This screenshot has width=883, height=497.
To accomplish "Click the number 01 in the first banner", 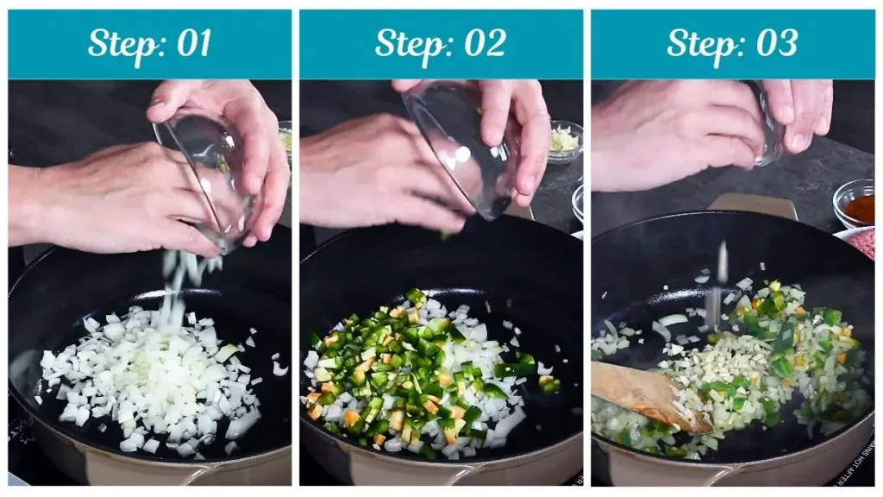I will click(189, 43).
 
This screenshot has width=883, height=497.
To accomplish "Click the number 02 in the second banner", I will click(483, 43).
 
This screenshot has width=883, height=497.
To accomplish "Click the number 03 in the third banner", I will click(774, 43).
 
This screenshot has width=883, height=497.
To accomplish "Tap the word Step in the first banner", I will click(122, 43).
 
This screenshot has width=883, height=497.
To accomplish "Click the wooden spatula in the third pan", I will click(647, 393).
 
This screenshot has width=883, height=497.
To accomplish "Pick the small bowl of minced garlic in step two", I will click(565, 140).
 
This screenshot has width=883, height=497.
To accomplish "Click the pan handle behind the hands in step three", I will click(750, 205).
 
